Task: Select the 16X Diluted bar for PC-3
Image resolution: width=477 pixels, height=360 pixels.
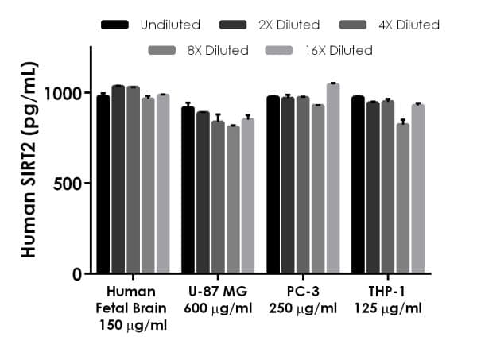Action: [332, 179]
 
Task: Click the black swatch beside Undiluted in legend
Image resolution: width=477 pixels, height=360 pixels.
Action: [115, 25]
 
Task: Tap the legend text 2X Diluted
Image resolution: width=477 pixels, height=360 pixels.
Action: [289, 25]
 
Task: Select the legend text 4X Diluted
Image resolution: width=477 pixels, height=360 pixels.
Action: [408, 25]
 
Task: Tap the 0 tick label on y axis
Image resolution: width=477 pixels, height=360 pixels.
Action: [78, 274]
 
